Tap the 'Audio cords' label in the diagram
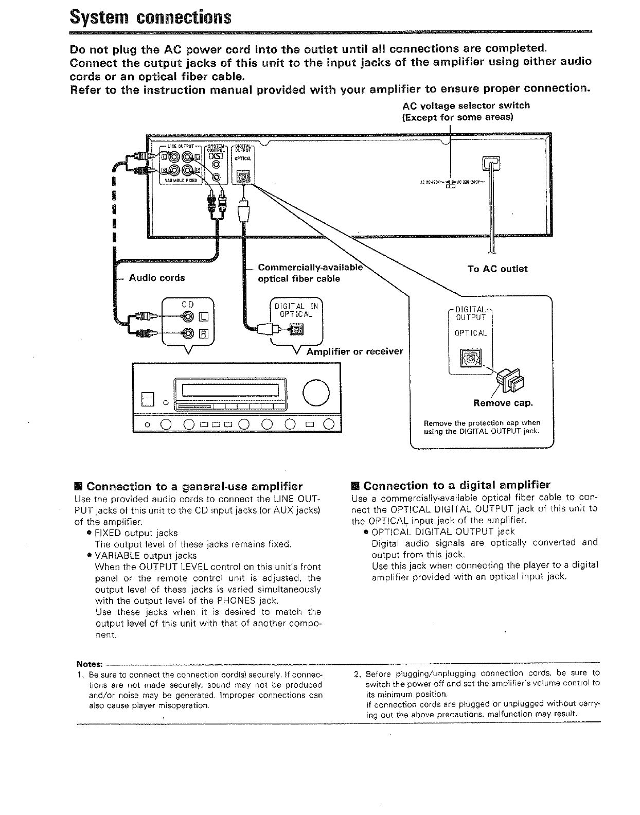156,278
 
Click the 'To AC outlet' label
497,269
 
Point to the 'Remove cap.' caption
503,402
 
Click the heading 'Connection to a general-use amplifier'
194,487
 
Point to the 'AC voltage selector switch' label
466,105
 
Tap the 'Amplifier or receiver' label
354,352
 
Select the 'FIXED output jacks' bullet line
136,533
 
